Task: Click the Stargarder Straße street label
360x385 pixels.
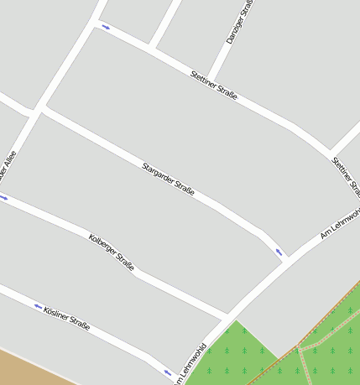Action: pos(168,179)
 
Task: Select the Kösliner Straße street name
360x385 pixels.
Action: pos(66,318)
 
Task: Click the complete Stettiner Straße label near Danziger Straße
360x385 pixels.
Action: pos(213,86)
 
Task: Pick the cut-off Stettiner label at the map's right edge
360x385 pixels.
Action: pos(346,173)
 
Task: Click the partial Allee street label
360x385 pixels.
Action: pos(8,164)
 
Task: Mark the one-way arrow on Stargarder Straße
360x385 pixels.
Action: pos(279,251)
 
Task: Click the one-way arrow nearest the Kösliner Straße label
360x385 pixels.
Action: pos(38,306)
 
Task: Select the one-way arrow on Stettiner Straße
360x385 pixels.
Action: pos(106,27)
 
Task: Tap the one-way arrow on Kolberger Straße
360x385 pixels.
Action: pos(4,198)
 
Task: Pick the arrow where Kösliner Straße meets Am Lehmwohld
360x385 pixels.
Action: pos(167,372)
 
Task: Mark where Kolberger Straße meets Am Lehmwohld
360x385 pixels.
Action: pos(227,316)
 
